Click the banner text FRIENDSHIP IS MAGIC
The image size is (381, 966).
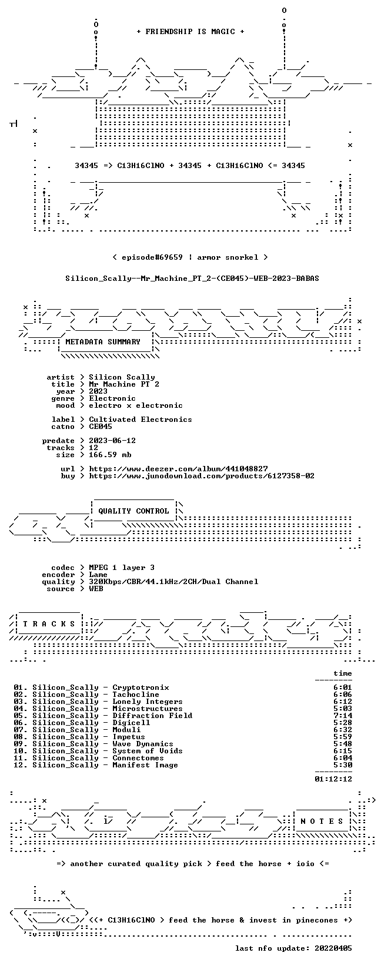(x=190, y=32)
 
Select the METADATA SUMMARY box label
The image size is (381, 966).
(x=103, y=342)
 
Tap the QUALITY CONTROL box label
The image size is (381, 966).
(x=133, y=511)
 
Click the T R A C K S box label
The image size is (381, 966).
(x=49, y=624)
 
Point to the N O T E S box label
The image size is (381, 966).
(x=322, y=821)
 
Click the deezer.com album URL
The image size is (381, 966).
(x=178, y=469)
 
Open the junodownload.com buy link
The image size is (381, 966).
(x=202, y=476)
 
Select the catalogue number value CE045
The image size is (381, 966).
(x=101, y=427)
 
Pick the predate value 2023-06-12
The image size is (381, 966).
(x=112, y=441)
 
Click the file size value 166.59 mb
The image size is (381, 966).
(x=110, y=455)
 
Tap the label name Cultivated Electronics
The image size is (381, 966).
(x=141, y=420)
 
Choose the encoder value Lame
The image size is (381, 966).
(x=98, y=575)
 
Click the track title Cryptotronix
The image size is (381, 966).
(x=141, y=688)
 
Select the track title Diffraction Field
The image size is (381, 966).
(x=152, y=716)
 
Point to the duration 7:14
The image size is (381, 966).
(x=343, y=716)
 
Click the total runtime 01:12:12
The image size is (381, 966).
(x=333, y=779)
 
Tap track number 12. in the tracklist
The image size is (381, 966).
(x=21, y=765)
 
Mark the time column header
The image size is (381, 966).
(x=343, y=673)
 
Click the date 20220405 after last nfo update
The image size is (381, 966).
(x=333, y=948)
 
